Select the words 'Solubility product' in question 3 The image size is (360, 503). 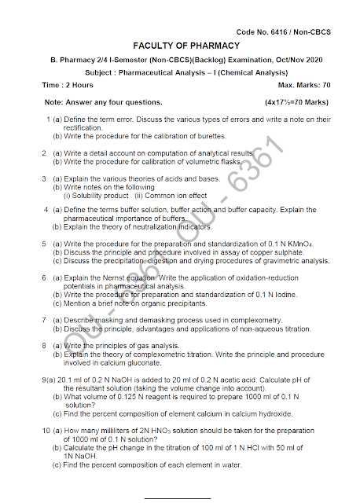click(x=97, y=195)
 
